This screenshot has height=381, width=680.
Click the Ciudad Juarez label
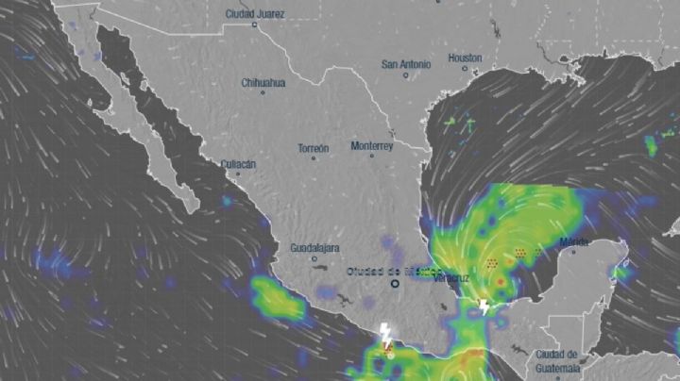tap(255, 14)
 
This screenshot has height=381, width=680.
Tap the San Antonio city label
tap(406, 64)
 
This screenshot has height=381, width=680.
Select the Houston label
tap(465, 58)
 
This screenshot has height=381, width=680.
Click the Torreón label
tap(314, 148)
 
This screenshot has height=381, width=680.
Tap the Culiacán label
tap(238, 163)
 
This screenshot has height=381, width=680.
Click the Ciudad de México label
tap(394, 271)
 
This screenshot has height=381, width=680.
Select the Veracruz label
tap(450, 278)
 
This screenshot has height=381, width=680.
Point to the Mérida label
tap(573, 242)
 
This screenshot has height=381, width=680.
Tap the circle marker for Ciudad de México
tap(396, 282)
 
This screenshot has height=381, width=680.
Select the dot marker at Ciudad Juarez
tap(254, 25)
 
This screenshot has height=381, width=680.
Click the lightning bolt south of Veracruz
tap(484, 307)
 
